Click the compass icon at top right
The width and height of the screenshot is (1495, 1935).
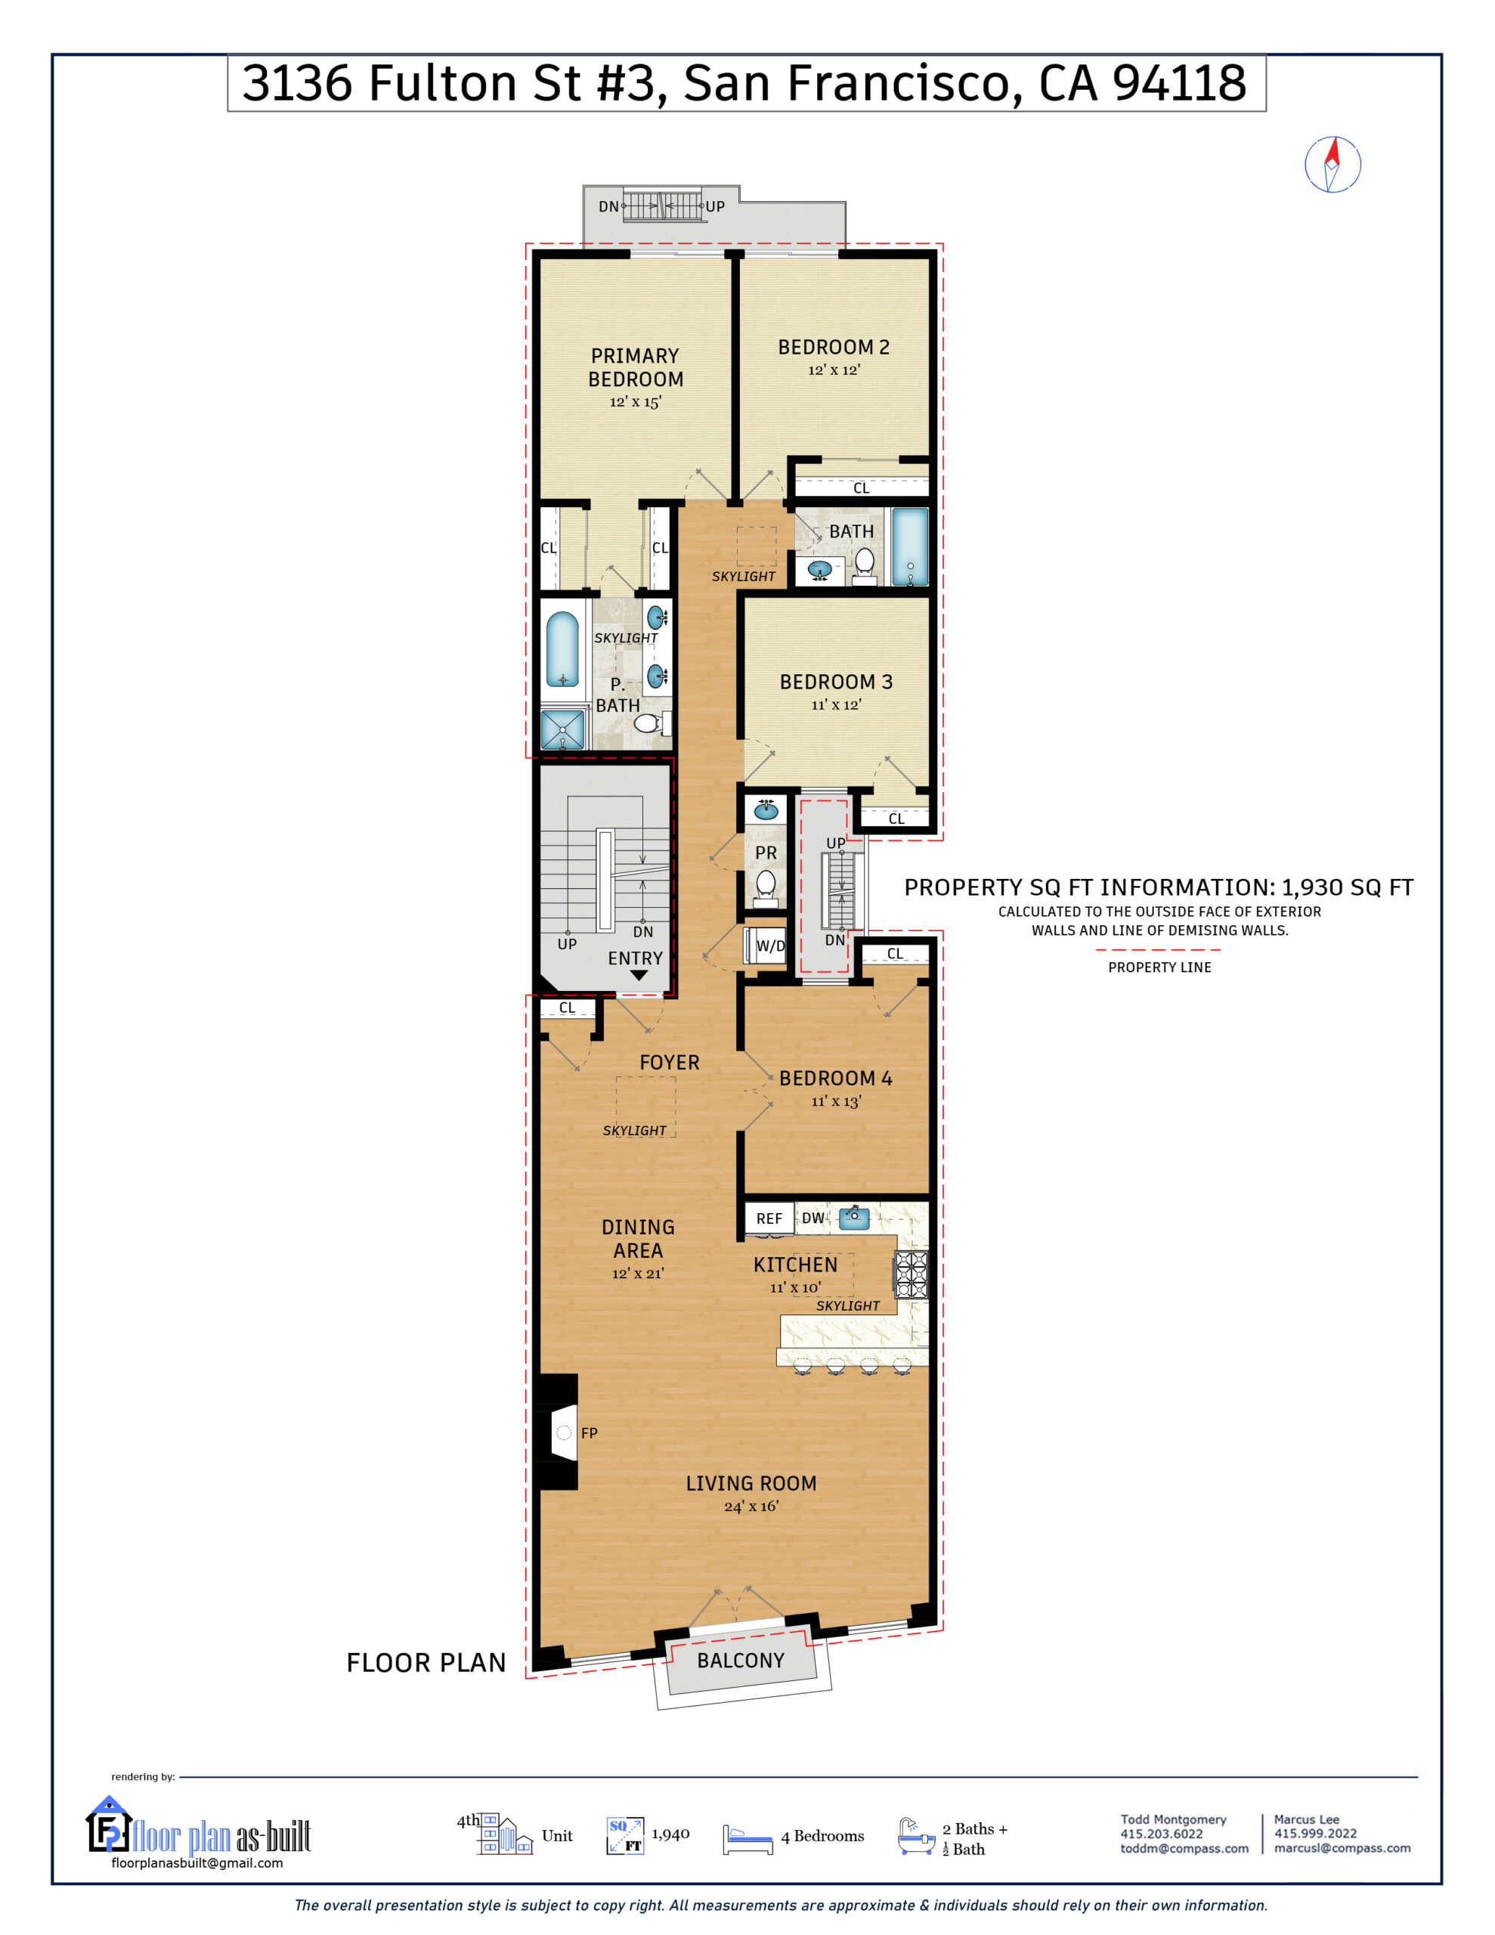(1332, 164)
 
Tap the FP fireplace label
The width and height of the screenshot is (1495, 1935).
(590, 1432)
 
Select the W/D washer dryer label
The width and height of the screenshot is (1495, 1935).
(770, 946)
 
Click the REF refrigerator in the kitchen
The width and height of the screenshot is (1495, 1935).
(769, 1218)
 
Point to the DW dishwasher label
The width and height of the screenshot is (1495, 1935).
(812, 1218)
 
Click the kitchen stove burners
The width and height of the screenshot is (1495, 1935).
(912, 1274)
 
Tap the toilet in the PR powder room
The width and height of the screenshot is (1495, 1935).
(766, 884)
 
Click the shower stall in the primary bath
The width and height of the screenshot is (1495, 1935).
(563, 730)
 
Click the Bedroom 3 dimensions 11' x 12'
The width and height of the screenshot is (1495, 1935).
(836, 704)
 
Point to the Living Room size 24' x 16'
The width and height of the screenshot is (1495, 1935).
(751, 1506)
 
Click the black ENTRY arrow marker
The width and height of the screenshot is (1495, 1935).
(638, 976)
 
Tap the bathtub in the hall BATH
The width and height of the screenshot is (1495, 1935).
(909, 546)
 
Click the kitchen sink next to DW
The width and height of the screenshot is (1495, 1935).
(853, 1218)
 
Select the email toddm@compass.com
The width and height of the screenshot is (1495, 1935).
(1183, 1848)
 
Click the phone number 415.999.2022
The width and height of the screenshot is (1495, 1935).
(1315, 1833)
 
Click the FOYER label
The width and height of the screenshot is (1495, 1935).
(669, 1062)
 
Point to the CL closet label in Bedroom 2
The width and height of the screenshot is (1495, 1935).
(860, 488)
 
